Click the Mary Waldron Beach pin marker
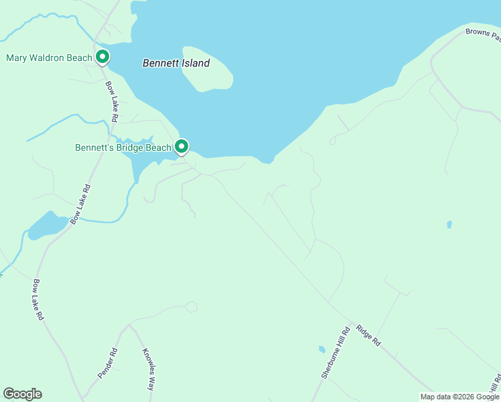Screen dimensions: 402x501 click(102, 57)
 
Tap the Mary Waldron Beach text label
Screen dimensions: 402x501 click(49, 58)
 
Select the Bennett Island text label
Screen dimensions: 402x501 click(176, 64)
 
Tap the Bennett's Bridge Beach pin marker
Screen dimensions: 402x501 click(181, 146)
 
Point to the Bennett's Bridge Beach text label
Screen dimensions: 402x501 click(123, 147)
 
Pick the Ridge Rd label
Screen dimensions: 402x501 click(368, 335)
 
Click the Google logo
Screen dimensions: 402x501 click(22, 394)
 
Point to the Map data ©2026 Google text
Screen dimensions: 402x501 click(459, 397)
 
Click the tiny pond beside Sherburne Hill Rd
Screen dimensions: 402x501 click(322, 349)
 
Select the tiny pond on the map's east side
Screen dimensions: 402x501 click(449, 224)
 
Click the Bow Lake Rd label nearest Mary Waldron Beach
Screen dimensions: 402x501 click(111, 101)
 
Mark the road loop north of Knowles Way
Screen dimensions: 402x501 click(192, 307)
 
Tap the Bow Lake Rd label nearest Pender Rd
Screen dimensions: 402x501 click(39, 299)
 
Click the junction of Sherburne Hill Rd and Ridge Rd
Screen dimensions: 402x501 click(350, 323)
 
